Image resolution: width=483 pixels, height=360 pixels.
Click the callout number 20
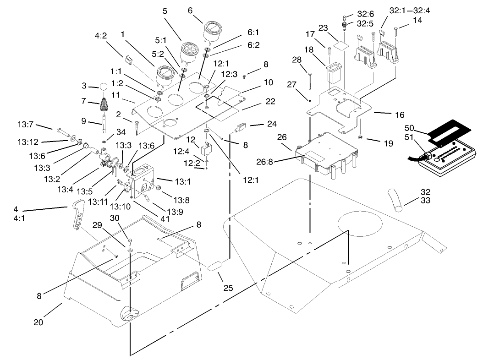tap(38, 322)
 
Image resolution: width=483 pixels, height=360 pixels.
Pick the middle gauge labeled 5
tap(189, 51)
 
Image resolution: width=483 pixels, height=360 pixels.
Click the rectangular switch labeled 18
tap(333, 74)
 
